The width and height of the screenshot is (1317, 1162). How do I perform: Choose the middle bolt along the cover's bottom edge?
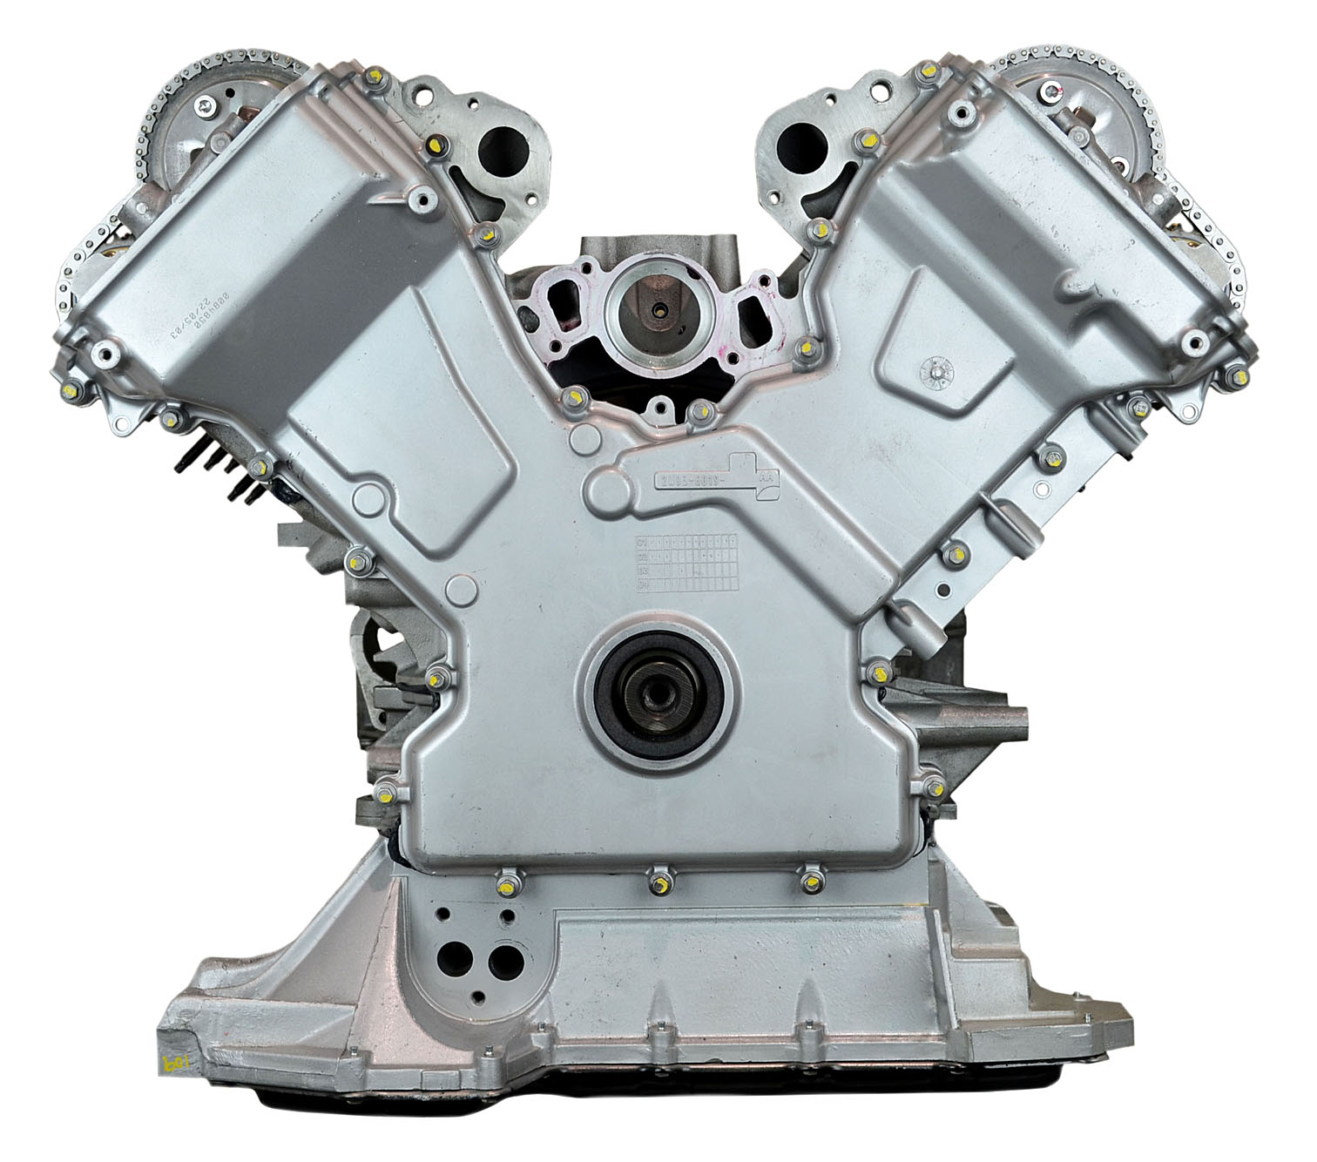tap(659, 883)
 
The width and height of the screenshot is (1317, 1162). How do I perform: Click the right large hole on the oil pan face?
tap(502, 958)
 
